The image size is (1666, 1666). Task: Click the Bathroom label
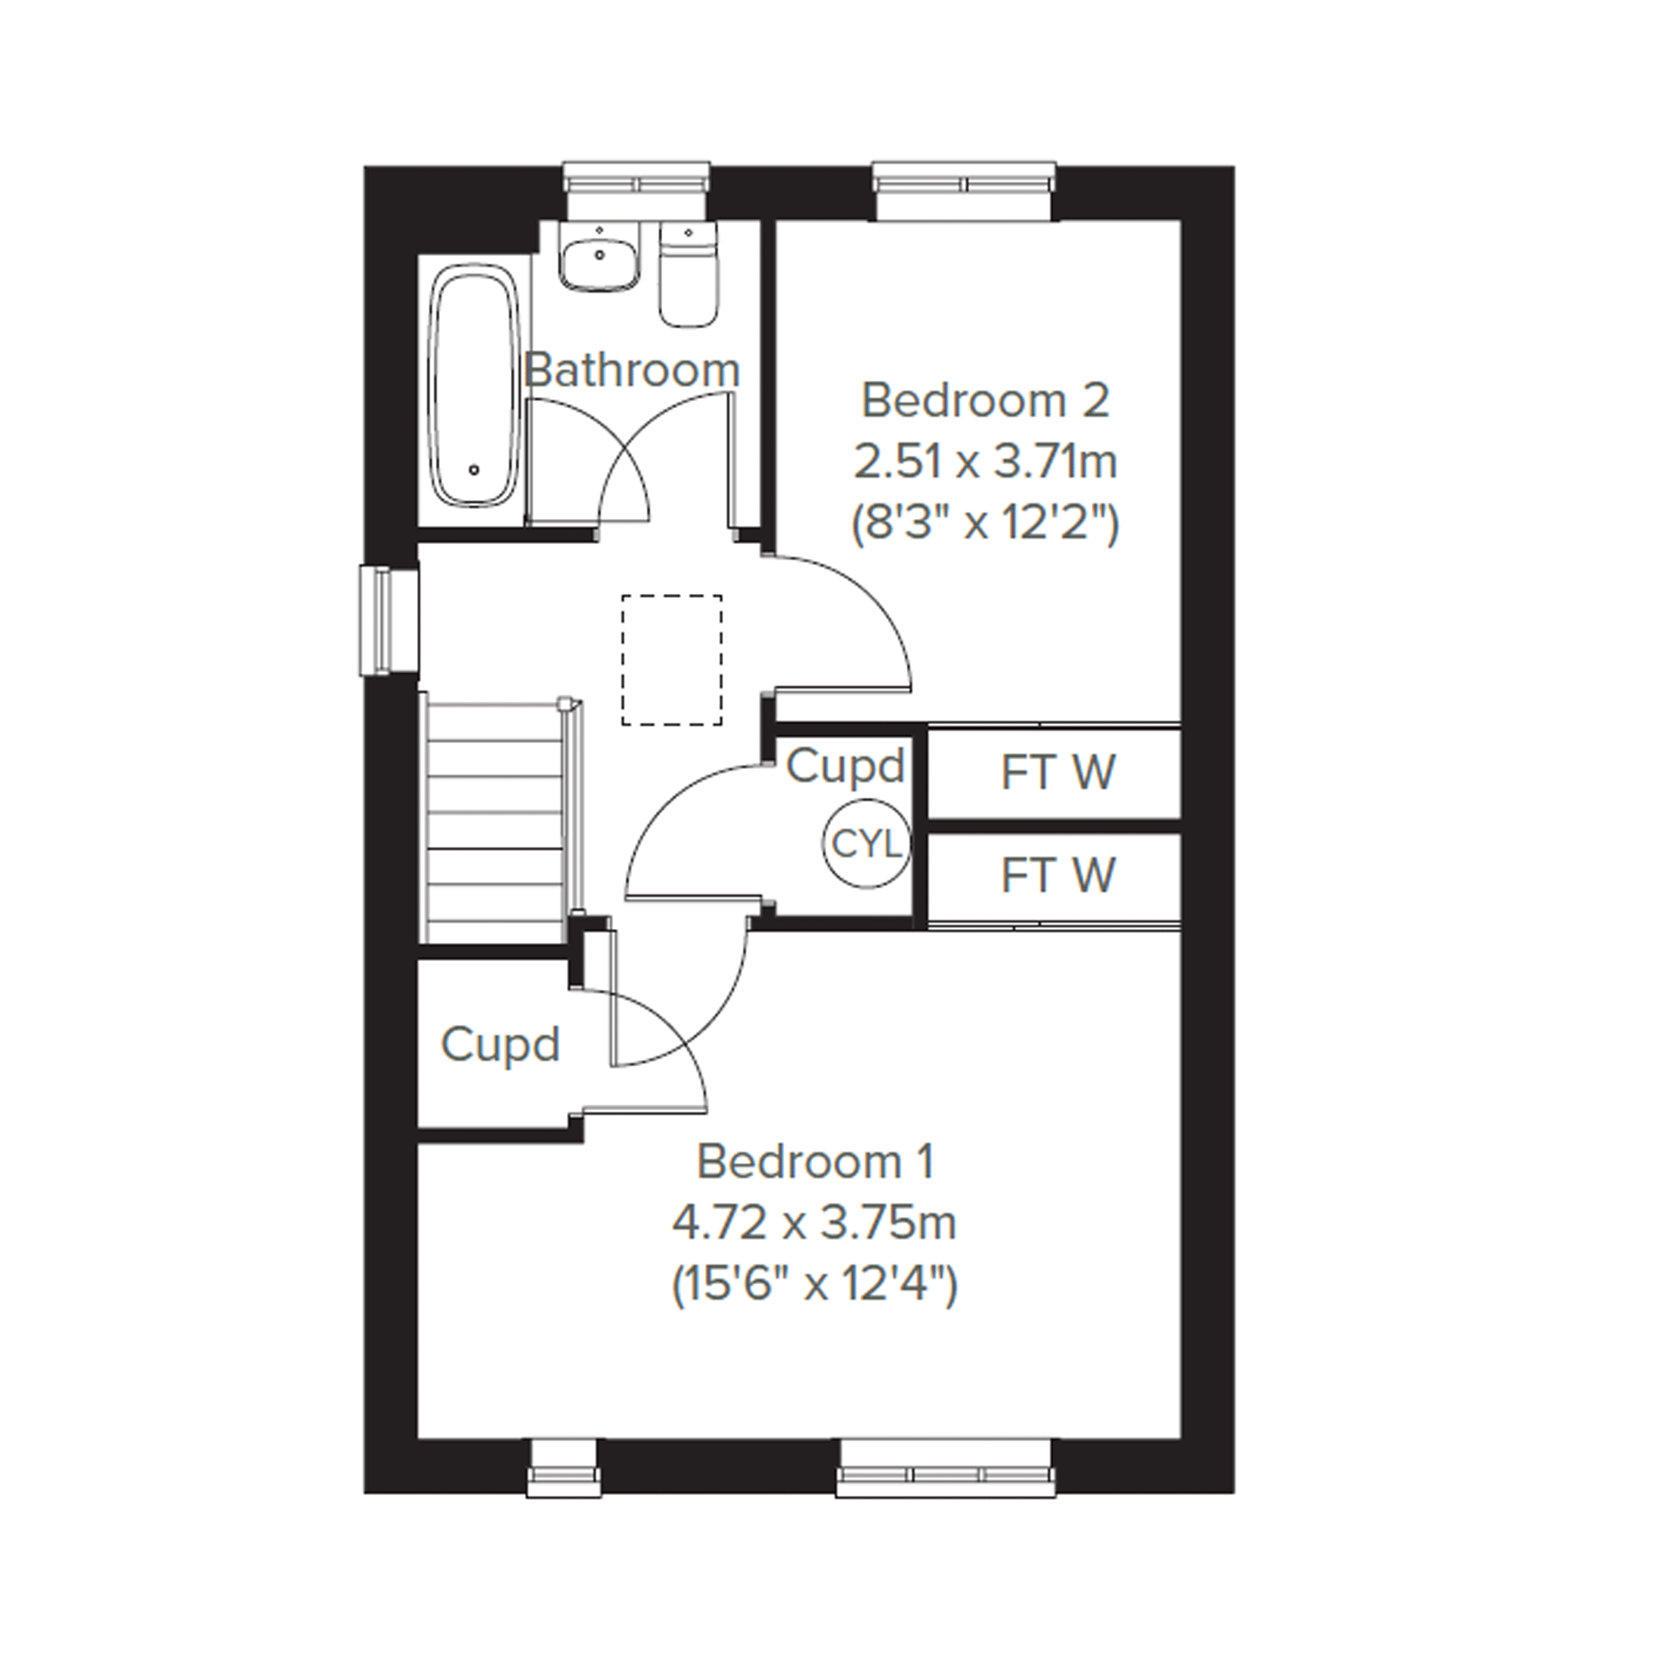coord(631,370)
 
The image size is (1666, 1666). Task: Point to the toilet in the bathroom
coord(689,274)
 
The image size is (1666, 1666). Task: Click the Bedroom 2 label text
coord(986,400)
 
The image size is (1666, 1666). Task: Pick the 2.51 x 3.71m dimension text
coord(986,462)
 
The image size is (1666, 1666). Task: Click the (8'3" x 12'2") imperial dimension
coord(986,522)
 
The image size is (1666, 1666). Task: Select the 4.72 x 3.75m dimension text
coord(814,1222)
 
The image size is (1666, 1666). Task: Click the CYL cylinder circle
coord(865,844)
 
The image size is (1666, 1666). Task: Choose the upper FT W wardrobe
coord(1054,773)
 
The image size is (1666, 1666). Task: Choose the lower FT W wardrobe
coord(1054,876)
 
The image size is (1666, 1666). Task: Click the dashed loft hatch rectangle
coord(671,660)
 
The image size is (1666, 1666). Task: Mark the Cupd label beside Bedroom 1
coord(500,1044)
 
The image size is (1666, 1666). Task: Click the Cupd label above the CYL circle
coord(845,767)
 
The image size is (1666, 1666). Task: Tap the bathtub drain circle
coord(473,470)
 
